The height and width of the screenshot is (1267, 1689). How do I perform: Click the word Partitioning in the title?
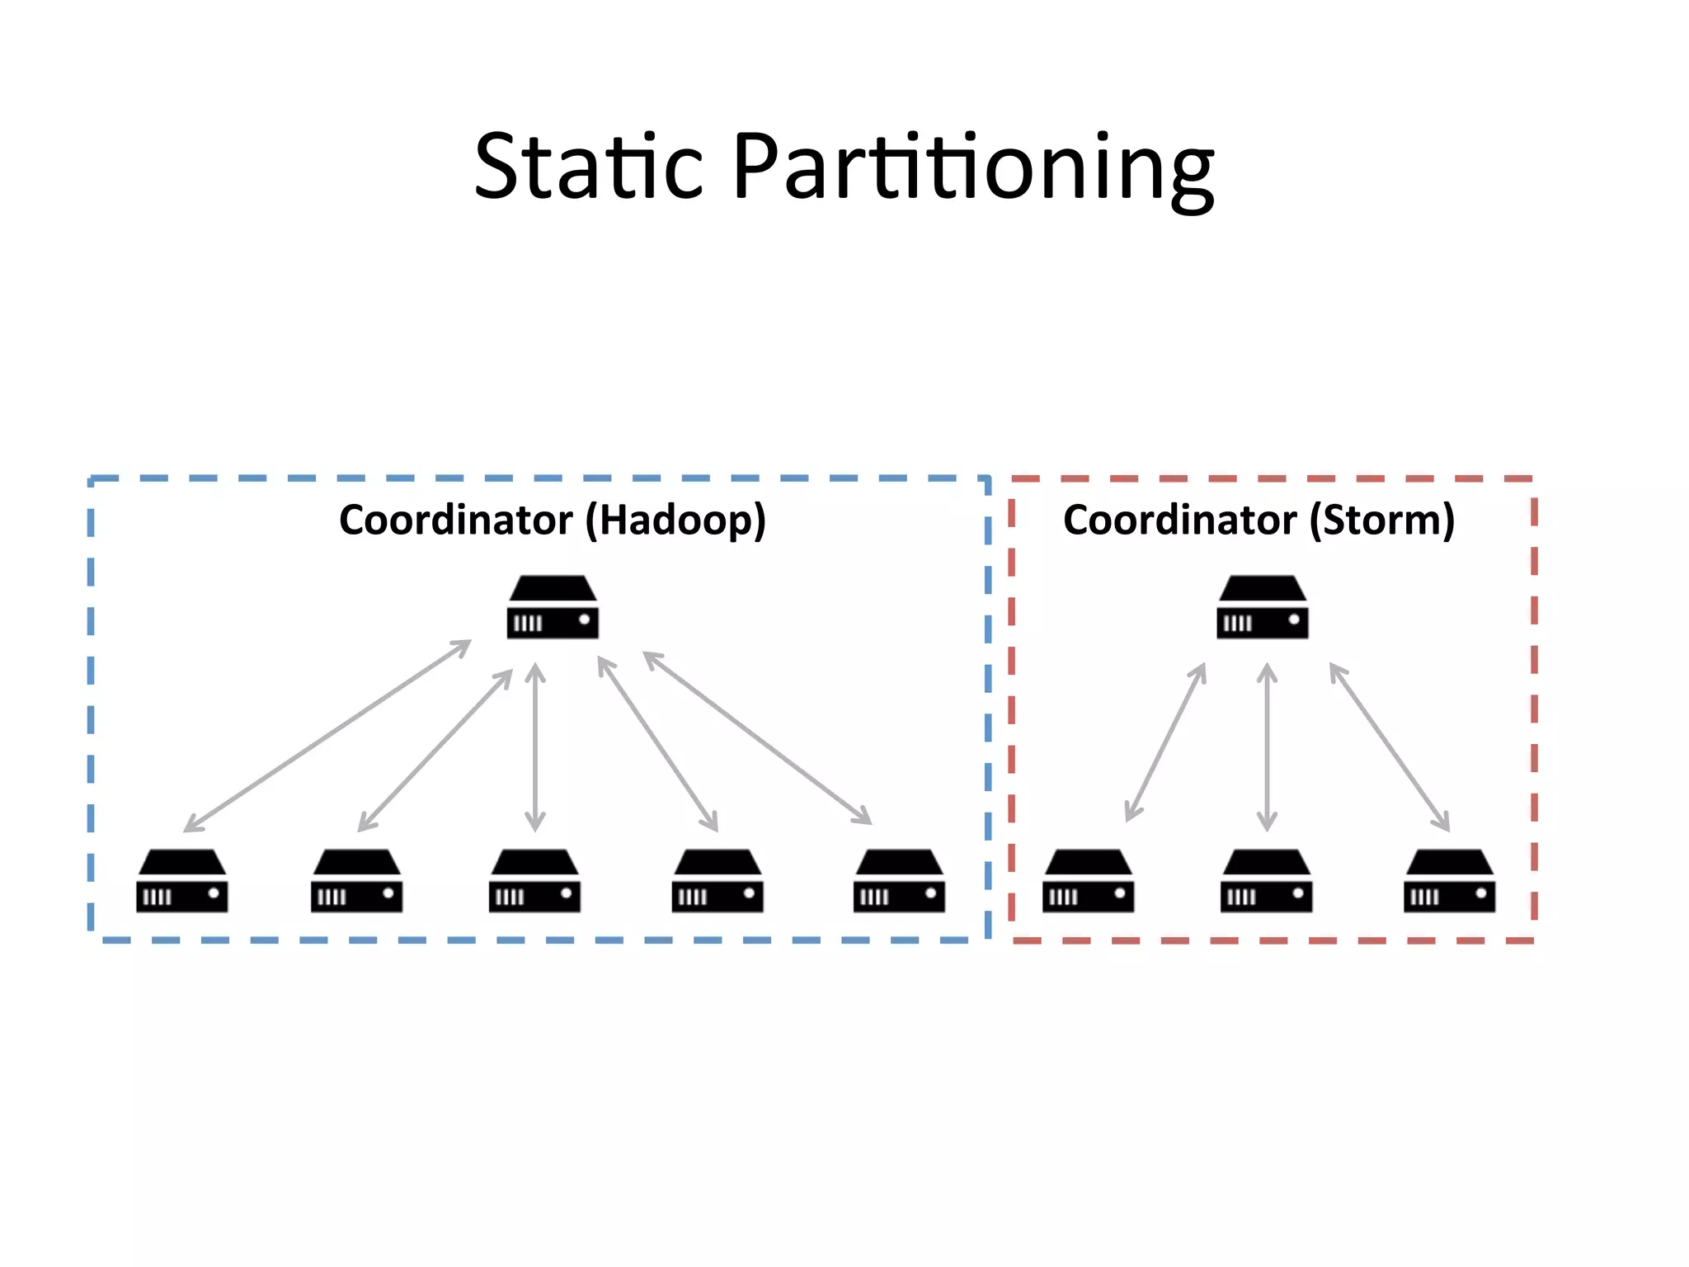(973, 169)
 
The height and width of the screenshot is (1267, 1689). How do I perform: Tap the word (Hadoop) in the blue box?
(675, 520)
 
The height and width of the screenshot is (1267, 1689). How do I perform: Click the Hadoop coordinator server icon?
(553, 608)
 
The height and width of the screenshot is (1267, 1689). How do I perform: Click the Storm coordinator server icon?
(1262, 608)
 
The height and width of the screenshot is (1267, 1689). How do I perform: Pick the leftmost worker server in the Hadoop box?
(181, 881)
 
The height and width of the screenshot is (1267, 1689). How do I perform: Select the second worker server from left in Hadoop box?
(356, 881)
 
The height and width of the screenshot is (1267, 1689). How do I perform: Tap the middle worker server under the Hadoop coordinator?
(534, 881)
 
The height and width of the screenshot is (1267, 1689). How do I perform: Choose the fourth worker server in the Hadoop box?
(717, 881)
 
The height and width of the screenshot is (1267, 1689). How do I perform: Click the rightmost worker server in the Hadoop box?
(899, 881)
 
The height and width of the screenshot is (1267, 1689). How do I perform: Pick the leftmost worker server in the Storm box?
(1088, 881)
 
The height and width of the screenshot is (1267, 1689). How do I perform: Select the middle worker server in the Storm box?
(1266, 881)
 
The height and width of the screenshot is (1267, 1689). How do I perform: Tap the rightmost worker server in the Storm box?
(1449, 881)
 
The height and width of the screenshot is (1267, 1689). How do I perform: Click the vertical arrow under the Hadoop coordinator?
(535, 747)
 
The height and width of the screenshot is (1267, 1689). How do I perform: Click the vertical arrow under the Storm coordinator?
(1267, 747)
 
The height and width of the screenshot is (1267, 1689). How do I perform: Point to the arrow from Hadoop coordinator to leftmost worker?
(327, 735)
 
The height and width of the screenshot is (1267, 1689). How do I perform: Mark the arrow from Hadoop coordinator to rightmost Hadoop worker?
(757, 737)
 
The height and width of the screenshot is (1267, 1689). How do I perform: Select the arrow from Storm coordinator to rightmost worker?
(1390, 747)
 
